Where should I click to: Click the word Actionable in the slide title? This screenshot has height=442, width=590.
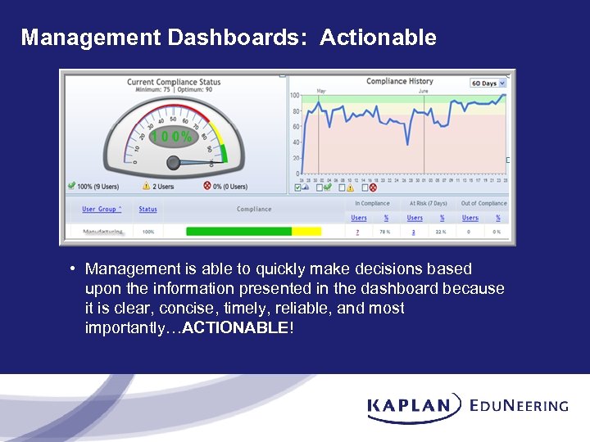point(378,38)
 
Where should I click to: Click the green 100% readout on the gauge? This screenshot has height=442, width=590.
point(172,137)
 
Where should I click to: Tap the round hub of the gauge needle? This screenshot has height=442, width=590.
point(174,163)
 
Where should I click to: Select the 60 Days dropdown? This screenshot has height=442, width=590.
point(488,83)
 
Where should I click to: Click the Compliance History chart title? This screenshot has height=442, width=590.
point(399,81)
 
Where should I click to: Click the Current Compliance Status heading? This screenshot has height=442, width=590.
point(174,82)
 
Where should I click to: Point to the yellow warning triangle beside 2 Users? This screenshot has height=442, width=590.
point(145,187)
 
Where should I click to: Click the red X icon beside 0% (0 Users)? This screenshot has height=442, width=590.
point(207,187)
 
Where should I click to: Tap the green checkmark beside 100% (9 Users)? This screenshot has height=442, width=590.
point(72,187)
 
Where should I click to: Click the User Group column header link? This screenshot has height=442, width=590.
point(101,210)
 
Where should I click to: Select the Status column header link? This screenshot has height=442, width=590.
point(147,210)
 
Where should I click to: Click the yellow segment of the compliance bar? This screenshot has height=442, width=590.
point(306,232)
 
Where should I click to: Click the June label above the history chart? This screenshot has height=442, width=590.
point(424,91)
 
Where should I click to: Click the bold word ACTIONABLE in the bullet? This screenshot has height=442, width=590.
point(235,328)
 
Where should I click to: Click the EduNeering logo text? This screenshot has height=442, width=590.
point(519,405)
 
